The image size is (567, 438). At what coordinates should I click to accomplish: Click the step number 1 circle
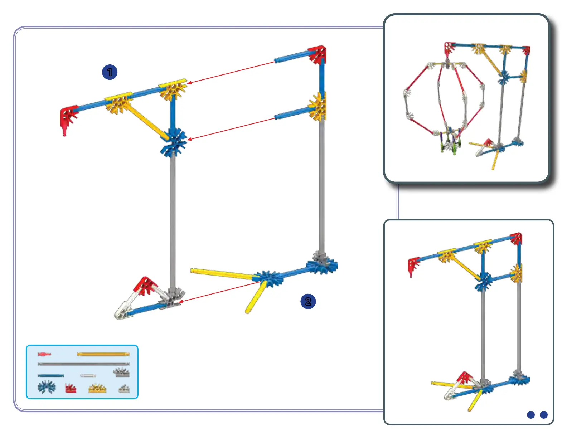(x=110, y=72)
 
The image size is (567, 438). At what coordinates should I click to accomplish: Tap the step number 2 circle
(x=308, y=301)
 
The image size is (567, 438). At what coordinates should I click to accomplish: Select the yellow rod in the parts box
(x=103, y=354)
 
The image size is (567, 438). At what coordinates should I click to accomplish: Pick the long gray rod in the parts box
(x=83, y=364)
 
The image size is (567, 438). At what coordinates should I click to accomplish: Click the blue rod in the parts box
(x=51, y=376)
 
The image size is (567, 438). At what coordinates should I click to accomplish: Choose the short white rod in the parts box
(x=88, y=376)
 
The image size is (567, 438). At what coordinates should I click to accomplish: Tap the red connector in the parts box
(x=71, y=388)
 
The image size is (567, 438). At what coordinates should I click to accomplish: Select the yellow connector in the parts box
(x=97, y=388)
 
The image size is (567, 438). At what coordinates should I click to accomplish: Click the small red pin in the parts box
(x=44, y=354)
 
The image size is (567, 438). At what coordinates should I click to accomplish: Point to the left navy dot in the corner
(x=531, y=415)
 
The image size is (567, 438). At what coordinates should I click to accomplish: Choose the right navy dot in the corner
(x=544, y=415)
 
